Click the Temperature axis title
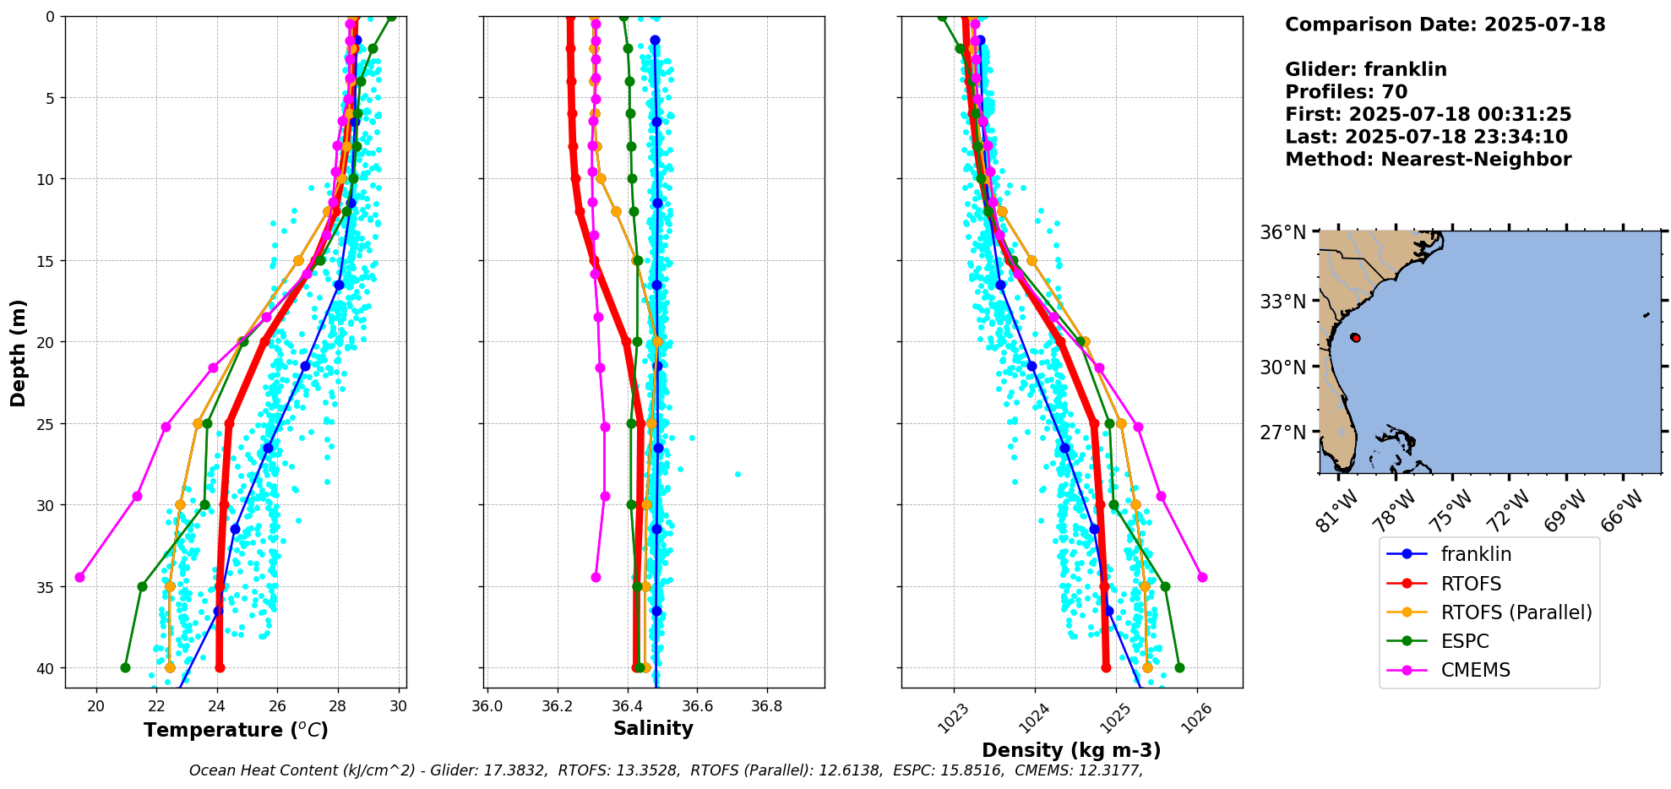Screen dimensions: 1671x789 [x=236, y=730]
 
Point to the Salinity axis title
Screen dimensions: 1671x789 [x=653, y=728]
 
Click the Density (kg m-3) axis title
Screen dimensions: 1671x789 [x=1071, y=750]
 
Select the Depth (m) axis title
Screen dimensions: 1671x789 [x=19, y=352]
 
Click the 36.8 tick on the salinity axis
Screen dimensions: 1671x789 [x=766, y=707]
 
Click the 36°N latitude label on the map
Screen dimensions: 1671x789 [x=1283, y=231]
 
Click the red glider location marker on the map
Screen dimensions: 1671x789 [x=1355, y=337]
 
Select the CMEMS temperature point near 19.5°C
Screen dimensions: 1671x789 [x=80, y=577]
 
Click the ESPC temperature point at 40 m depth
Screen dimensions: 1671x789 [x=126, y=667]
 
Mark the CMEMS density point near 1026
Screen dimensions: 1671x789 [x=1202, y=577]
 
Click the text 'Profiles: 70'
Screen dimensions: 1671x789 [x=1347, y=92]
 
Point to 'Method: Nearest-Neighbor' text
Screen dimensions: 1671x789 [x=1429, y=160]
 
